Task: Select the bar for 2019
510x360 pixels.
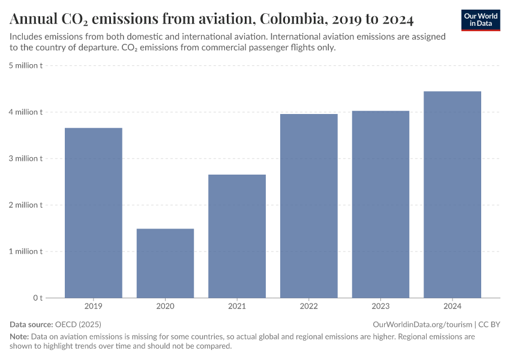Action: [94, 212]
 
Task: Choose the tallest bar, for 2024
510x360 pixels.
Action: [452, 194]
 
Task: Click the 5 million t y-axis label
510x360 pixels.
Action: [25, 65]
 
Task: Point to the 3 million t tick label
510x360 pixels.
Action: [25, 158]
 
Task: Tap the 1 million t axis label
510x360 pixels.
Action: [25, 251]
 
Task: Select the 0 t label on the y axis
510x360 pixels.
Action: [37, 298]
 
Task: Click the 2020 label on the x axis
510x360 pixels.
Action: [165, 307]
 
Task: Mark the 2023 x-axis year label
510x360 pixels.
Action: [380, 307]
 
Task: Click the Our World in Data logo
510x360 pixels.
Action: [481, 20]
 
